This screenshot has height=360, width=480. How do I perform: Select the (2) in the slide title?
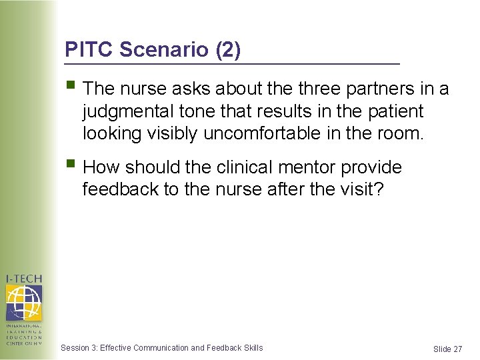pos(227,49)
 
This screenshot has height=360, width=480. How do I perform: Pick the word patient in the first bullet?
pos(392,111)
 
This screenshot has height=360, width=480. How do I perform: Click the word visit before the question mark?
pos(360,189)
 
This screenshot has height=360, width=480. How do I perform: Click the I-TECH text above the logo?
pos(23,279)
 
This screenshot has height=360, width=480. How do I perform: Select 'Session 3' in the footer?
pos(78,347)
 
